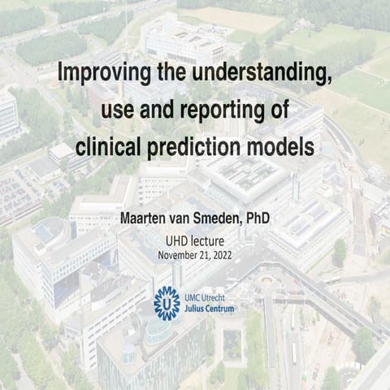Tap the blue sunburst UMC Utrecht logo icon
[167, 301]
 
